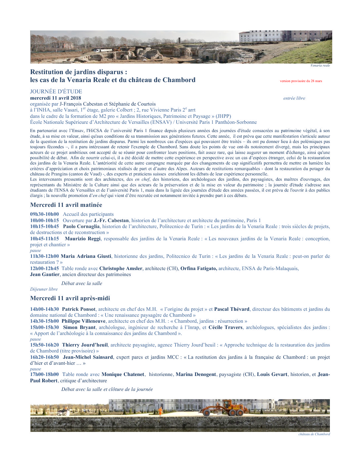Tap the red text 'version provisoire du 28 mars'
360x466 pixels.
(x=301, y=81)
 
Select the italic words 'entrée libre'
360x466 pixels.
(x=294, y=98)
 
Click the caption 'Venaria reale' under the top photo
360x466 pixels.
(x=320, y=66)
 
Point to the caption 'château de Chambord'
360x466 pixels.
(x=314, y=434)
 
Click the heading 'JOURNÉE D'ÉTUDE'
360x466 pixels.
(x=56, y=92)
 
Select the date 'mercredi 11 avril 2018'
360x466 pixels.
(x=56, y=98)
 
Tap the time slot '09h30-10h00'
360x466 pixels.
(x=44, y=214)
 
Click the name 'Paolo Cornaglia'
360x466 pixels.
(x=81, y=226)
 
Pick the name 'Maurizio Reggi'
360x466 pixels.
(x=82, y=239)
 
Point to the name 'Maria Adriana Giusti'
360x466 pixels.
(x=86, y=256)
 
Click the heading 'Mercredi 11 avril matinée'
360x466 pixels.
(x=66, y=205)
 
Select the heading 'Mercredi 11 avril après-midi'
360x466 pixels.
(x=70, y=298)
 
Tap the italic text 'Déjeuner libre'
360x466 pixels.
(x=44, y=289)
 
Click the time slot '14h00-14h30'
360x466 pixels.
(x=44, y=309)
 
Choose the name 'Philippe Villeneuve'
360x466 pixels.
(x=83, y=321)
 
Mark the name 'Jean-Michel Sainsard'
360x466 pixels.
(x=88, y=357)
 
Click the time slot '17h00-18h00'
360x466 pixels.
(x=44, y=374)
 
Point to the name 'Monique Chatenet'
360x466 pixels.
(x=123, y=374)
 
